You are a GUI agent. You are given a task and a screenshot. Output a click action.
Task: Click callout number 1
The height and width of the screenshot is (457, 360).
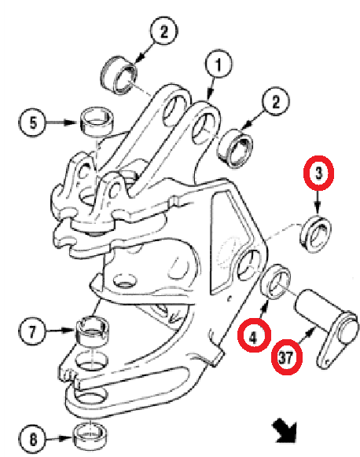coord(219,64)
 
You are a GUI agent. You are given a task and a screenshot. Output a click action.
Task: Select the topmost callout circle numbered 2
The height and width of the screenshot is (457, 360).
coord(164,31)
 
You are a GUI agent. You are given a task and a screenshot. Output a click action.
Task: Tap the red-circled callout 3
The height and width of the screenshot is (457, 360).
coord(318,173)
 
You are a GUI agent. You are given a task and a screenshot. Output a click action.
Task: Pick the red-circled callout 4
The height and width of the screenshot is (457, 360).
coord(254,335)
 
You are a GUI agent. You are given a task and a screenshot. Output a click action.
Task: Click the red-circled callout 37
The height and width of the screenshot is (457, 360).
coord(286,357)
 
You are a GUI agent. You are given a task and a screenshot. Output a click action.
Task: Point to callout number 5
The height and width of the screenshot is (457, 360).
coord(33,122)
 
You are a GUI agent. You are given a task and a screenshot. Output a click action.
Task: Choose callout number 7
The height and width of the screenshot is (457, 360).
coord(32,331)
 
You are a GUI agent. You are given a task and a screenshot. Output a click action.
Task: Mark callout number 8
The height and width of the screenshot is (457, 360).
coord(32,439)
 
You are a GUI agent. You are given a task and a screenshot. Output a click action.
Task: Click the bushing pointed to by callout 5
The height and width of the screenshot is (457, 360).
coord(97,122)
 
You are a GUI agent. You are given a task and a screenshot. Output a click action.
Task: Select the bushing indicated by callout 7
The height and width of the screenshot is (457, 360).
coord(93,331)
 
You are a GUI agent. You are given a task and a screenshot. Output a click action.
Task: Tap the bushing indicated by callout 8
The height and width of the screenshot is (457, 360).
coord(90,436)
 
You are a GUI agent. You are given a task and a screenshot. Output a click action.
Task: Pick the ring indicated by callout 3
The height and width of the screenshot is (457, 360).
coord(315,234)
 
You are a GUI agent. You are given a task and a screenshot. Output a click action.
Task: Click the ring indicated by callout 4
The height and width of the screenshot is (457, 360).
coord(276,282)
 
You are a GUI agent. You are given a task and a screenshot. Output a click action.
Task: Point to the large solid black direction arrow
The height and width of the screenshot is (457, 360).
coord(285,430)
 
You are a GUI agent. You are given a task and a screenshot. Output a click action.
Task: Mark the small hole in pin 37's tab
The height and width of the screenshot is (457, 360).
coord(328,361)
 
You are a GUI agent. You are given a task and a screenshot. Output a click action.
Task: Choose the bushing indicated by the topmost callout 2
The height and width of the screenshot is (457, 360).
coord(119,75)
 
